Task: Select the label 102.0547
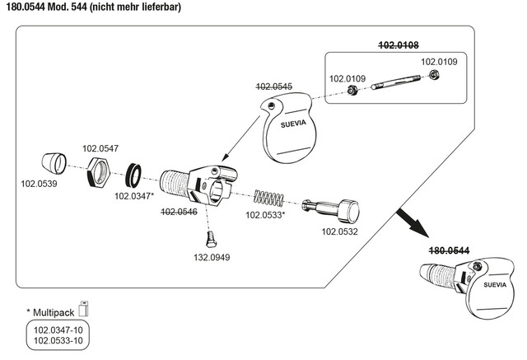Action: (x=100, y=149)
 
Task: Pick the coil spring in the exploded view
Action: (x=269, y=198)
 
